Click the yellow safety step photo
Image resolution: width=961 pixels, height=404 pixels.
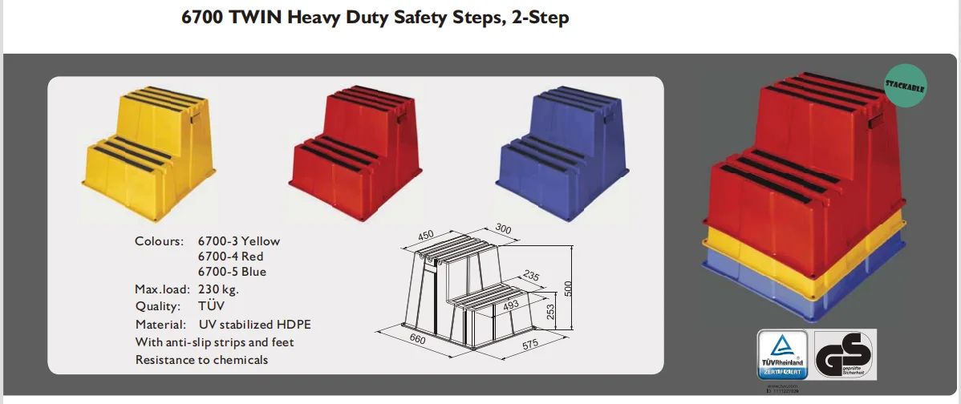150,153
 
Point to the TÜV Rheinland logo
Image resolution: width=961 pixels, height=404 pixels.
783,353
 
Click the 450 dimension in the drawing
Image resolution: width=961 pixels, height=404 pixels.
425,235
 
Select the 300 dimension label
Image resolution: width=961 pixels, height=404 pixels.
502,230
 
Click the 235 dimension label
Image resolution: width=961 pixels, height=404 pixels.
531,277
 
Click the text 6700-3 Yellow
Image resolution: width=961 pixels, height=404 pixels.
238,241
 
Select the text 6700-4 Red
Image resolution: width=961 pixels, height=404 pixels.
230,257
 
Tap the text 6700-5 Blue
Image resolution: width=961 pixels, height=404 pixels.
232,272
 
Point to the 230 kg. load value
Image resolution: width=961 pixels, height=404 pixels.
218,289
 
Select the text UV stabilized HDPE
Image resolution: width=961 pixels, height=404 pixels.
254,325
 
